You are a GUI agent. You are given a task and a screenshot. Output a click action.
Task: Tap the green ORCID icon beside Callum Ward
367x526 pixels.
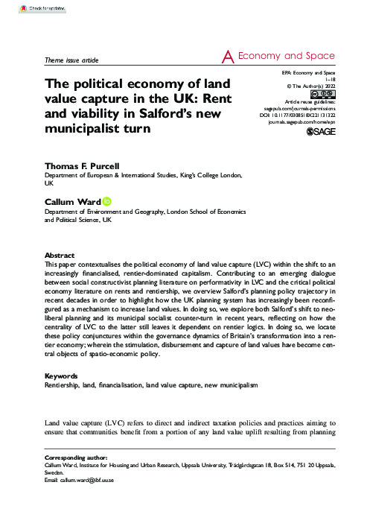tap(107, 200)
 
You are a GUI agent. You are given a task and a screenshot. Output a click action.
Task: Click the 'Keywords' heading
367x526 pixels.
tap(65, 377)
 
